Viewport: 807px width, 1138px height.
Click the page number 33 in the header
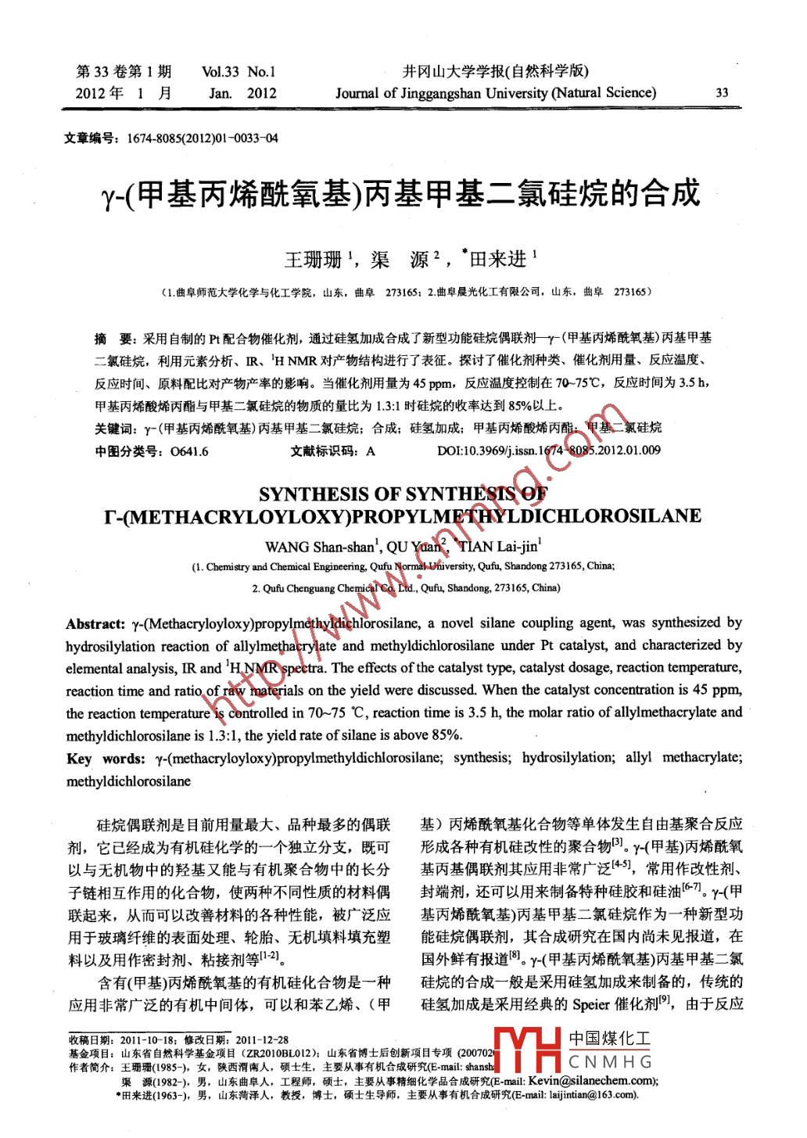click(x=722, y=92)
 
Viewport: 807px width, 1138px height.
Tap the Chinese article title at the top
click(x=400, y=193)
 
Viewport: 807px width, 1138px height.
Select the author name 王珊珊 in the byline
click(x=311, y=259)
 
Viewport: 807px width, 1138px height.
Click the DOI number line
click(x=548, y=450)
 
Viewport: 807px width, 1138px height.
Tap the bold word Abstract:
click(x=95, y=623)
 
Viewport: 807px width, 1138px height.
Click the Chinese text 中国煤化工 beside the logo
click(x=610, y=1039)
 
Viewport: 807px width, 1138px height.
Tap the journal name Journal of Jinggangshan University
click(x=496, y=93)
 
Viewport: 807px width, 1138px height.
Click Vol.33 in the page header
click(x=220, y=73)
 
